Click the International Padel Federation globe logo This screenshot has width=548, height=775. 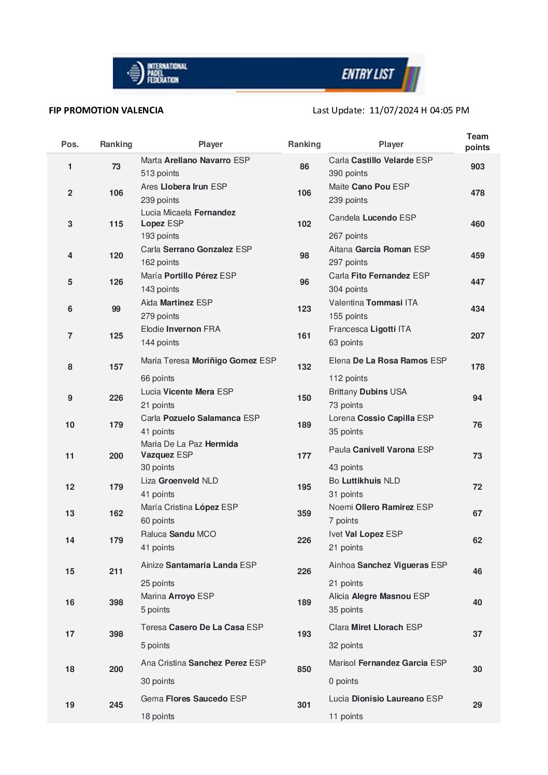pos(135,73)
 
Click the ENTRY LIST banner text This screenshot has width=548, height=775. pos(368,75)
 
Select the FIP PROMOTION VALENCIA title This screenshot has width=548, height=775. pos(106,110)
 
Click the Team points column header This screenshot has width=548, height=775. pos(477,142)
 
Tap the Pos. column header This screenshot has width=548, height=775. pos(70,144)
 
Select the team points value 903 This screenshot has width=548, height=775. pos(477,167)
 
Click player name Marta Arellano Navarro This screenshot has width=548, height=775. pos(195,160)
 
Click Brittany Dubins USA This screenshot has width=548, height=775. pos(368,392)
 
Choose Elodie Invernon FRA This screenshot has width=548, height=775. pos(180,329)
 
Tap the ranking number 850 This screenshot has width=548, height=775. pos(304,669)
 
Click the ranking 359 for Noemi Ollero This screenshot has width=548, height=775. pos(304,514)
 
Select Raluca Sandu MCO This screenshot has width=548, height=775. pos(178,534)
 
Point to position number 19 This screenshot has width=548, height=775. pos(70,705)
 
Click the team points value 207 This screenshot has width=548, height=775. pos(477,336)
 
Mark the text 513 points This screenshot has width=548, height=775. pos(160,173)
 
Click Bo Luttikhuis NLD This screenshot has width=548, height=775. pos(364,481)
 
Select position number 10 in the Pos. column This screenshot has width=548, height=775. pos(70,425)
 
